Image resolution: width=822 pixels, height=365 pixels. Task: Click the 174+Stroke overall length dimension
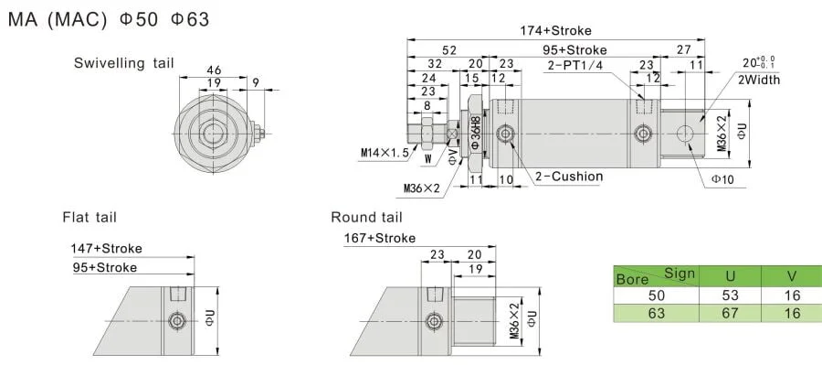pos(555,31)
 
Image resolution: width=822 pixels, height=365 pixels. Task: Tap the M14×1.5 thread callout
pos(384,153)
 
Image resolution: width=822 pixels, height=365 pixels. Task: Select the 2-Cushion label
pos(569,177)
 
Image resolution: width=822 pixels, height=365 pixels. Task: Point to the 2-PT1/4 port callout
pos(575,66)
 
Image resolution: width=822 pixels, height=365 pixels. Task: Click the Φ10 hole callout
pos(722,179)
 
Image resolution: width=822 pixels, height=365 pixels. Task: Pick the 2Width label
pos(759,80)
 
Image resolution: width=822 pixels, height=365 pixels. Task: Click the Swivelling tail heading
pos(123,63)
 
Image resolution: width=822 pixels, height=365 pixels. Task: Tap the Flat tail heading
pos(90,217)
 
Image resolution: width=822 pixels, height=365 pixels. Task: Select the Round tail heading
pos(366,217)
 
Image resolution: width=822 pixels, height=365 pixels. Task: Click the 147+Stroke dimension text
pos(107,248)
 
